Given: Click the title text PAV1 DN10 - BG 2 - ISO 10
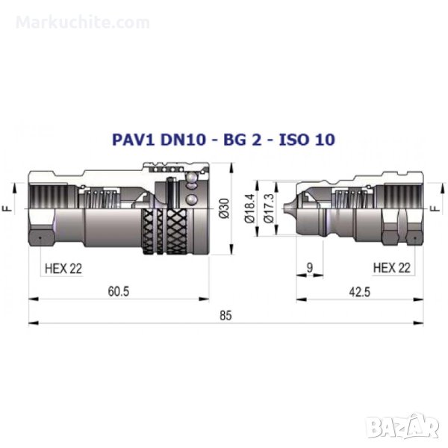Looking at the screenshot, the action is pos(223,140).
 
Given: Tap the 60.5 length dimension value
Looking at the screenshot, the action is pos(119,291).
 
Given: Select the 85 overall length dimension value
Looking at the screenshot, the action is pos(225,316).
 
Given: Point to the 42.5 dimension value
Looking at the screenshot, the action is pos(360,292).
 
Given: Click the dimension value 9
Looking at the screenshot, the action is pos(310,268).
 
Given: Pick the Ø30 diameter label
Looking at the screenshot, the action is pos(225,208).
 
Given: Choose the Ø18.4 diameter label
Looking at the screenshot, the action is pos(249,208).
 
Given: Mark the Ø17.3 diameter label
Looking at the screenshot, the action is pos(269,208).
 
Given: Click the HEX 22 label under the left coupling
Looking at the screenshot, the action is pos(63,269).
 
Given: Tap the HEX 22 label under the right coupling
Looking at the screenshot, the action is pos(392,268).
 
